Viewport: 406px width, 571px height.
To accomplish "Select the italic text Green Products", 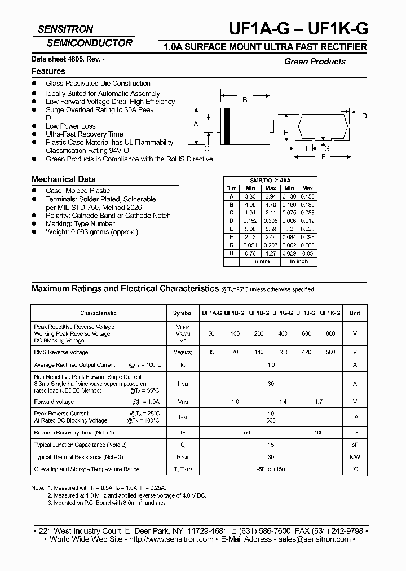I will pyautogui.click(x=315, y=62).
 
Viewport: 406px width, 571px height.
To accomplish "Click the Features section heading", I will pyautogui.click(x=48, y=72).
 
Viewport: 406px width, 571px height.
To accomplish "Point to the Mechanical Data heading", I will pyautogui.click(x=63, y=179).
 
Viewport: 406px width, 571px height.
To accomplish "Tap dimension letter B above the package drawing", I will pyautogui.click(x=245, y=100).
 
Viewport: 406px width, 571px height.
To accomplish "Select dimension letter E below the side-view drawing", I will pyautogui.click(x=323, y=157).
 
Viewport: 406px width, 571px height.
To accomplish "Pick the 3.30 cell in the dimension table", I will pyautogui.click(x=250, y=196).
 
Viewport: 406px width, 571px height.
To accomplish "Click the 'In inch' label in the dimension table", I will pyautogui.click(x=298, y=262).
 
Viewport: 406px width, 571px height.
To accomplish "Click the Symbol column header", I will pyautogui.click(x=182, y=313).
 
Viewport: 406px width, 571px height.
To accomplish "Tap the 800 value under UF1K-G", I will pyautogui.click(x=330, y=333).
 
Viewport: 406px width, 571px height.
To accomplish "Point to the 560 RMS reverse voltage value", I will pyautogui.click(x=330, y=352).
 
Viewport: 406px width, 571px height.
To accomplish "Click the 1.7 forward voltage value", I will pyautogui.click(x=319, y=402).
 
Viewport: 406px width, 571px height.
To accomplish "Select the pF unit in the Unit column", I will pyautogui.click(x=355, y=445).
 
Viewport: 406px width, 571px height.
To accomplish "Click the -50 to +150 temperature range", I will pyautogui.click(x=271, y=469).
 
